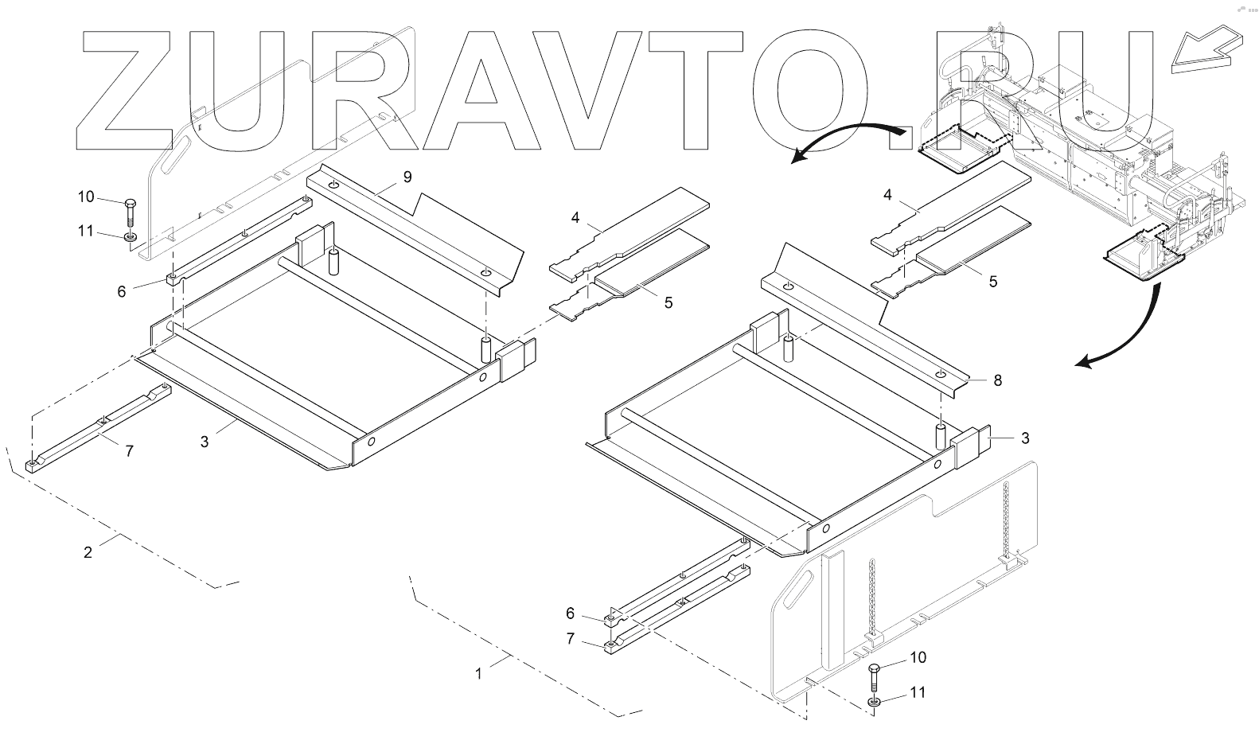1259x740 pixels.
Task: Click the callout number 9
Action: point(407,177)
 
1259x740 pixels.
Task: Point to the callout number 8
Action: point(997,380)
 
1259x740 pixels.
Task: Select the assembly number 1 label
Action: point(478,673)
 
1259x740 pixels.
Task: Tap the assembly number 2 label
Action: point(88,551)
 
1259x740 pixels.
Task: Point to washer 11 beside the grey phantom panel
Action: point(129,236)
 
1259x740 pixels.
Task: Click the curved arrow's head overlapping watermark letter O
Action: point(799,158)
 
